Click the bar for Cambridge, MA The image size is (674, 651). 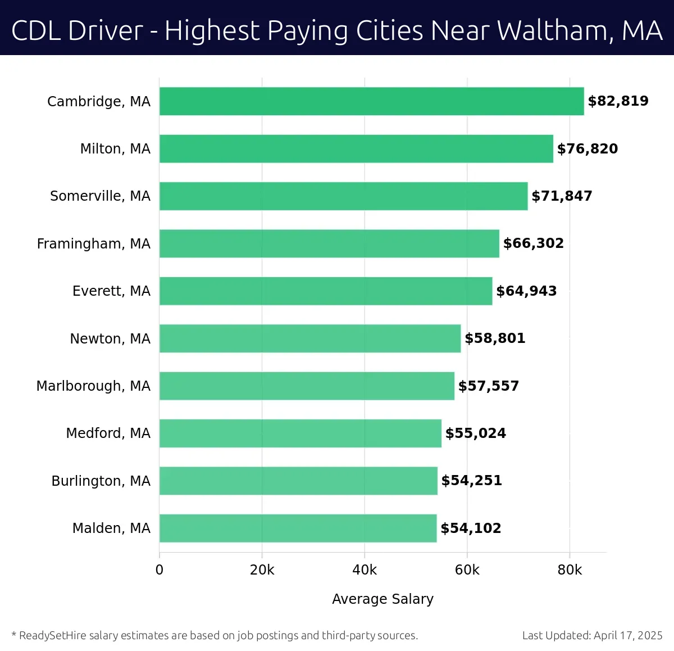click(371, 101)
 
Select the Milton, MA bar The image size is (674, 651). click(356, 148)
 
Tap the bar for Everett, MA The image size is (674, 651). click(326, 291)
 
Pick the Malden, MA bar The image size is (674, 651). click(298, 528)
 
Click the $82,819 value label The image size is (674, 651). click(618, 101)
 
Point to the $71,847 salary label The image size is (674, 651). click(562, 196)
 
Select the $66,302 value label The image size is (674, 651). click(533, 243)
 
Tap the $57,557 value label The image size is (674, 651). click(488, 386)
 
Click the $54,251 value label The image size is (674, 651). click(471, 481)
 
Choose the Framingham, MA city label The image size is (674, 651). click(93, 244)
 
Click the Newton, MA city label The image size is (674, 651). click(110, 339)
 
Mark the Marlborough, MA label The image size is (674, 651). click(93, 386)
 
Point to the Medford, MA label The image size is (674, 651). click(108, 433)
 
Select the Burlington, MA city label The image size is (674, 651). click(101, 481)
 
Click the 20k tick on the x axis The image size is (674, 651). click(262, 570)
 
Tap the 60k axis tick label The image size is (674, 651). click(467, 570)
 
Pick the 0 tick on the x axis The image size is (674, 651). click(160, 570)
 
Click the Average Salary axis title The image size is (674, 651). click(382, 599)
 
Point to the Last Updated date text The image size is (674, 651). click(592, 636)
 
